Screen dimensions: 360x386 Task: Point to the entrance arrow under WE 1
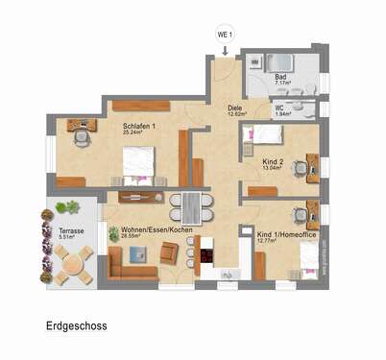pyautogui.click(x=224, y=51)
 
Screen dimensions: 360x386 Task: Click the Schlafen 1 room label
pyautogui.click(x=140, y=126)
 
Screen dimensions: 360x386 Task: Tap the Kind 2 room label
pyautogui.click(x=273, y=160)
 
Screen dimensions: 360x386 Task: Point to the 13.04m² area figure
pyautogui.click(x=274, y=168)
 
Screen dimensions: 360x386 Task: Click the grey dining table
pyautogui.click(x=196, y=207)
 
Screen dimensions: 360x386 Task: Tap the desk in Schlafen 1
pyautogui.click(x=81, y=125)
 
